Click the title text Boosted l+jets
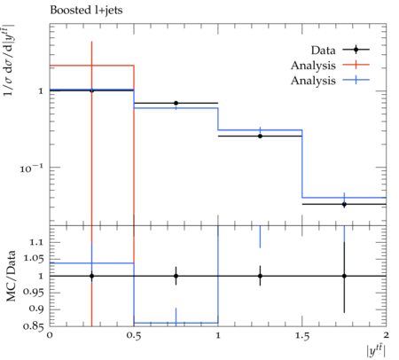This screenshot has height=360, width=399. click(86, 11)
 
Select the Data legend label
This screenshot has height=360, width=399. click(323, 51)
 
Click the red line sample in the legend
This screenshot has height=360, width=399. click(356, 65)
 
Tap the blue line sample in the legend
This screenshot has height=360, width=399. click(356, 80)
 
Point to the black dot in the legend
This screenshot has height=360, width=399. click(356, 50)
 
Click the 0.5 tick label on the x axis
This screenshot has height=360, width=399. click(134, 336)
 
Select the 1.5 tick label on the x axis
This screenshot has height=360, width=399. click(301, 336)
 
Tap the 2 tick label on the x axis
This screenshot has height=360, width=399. click(386, 335)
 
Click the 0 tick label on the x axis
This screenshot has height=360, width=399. click(50, 335)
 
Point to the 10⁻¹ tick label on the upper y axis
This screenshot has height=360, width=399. click(31, 168)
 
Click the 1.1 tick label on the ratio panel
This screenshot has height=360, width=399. click(36, 242)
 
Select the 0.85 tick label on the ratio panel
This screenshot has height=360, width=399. click(34, 326)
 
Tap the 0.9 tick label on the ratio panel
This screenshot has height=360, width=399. click(36, 309)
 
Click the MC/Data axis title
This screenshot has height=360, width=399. click(11, 276)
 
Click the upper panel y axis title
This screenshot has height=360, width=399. click(9, 60)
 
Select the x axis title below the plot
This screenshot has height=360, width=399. click(376, 351)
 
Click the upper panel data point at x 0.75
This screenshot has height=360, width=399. click(176, 103)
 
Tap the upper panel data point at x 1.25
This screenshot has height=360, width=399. click(260, 136)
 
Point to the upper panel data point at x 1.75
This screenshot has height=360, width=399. click(344, 204)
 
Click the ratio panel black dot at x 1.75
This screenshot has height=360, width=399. click(344, 276)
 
